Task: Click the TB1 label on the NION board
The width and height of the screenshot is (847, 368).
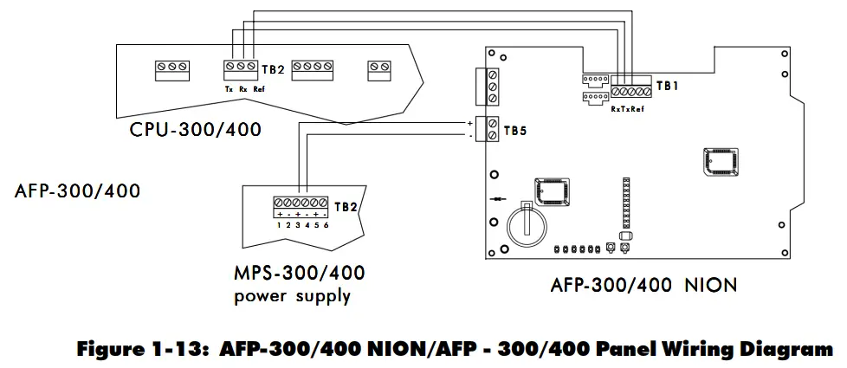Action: (668, 86)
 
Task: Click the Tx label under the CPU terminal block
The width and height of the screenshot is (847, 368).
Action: (229, 88)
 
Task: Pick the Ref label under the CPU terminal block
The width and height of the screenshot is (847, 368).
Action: (259, 88)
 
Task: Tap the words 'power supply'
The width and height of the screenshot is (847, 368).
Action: (292, 296)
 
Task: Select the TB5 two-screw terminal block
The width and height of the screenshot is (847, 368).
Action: (491, 128)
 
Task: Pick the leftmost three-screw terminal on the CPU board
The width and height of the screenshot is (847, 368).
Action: (172, 67)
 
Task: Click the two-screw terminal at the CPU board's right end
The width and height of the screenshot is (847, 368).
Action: (380, 67)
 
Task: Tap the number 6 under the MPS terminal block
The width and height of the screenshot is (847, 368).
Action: (326, 225)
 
